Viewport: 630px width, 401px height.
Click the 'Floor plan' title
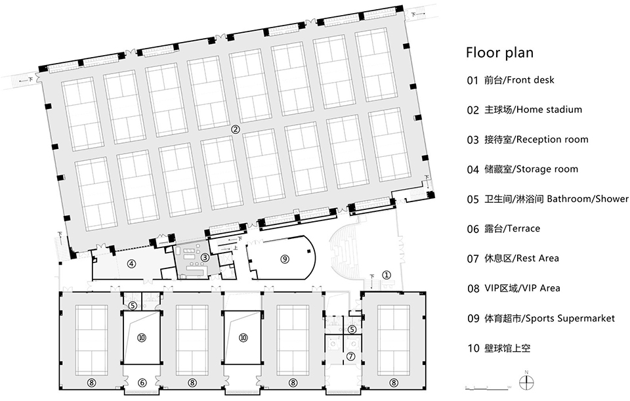tap(499, 53)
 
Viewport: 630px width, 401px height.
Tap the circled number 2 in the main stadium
tap(236, 129)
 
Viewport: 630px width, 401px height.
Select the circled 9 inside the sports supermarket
tap(285, 259)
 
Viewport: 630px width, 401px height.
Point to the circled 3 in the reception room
tap(205, 257)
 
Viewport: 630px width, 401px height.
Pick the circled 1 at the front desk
tap(386, 275)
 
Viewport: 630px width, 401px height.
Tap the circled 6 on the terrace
tap(142, 383)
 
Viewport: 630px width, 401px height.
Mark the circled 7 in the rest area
tap(351, 356)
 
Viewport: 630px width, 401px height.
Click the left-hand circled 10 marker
tap(142, 338)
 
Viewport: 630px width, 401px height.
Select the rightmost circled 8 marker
tap(394, 383)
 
